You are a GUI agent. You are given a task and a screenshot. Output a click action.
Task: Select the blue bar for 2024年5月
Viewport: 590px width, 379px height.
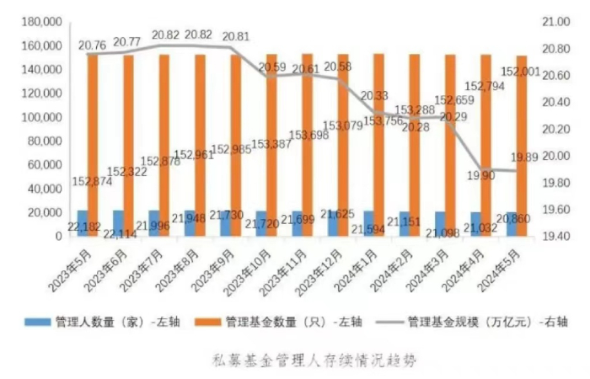click(x=511, y=225)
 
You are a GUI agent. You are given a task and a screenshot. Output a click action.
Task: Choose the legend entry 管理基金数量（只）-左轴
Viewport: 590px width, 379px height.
click(x=292, y=321)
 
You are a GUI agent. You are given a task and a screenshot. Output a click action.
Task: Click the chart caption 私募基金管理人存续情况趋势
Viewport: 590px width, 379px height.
click(x=313, y=358)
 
